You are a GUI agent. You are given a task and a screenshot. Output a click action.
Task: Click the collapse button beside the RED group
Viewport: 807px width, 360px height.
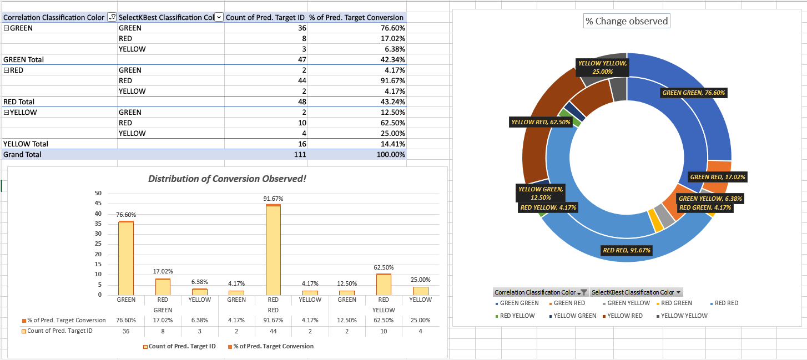click(x=6, y=70)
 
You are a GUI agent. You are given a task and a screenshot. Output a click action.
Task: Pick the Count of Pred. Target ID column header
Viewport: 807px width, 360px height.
click(x=265, y=18)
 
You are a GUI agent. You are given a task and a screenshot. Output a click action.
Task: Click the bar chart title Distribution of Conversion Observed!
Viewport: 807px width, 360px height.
click(x=227, y=179)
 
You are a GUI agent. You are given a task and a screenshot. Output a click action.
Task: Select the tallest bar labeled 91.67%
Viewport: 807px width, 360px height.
click(x=273, y=250)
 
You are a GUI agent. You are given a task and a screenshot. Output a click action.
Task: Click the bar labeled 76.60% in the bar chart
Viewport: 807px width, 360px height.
click(x=126, y=258)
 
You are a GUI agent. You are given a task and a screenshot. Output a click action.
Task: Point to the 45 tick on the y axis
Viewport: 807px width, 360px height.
click(x=98, y=204)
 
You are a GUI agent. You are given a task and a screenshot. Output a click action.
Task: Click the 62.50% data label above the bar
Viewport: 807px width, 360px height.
click(x=384, y=267)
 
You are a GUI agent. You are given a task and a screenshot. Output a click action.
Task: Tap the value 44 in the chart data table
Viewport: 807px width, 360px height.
click(x=273, y=331)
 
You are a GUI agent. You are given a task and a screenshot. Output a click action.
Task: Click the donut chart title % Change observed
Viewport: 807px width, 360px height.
click(x=627, y=21)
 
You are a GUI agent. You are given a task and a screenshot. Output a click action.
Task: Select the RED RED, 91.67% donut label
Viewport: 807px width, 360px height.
click(x=627, y=250)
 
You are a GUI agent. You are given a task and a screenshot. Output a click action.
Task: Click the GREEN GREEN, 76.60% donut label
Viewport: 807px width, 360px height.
click(x=693, y=93)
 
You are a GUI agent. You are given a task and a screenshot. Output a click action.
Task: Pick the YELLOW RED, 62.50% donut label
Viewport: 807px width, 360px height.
click(x=541, y=122)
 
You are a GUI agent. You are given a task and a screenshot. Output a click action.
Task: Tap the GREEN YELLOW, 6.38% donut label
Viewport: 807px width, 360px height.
click(x=710, y=199)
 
